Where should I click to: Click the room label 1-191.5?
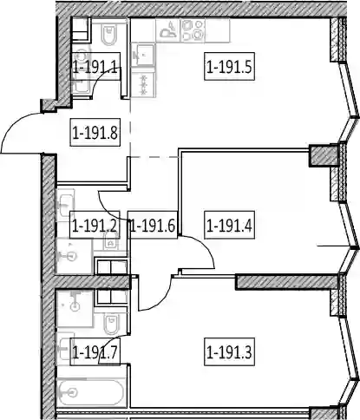(x=229, y=66)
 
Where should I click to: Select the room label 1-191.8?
(x=95, y=133)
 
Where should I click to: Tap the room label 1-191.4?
(x=229, y=225)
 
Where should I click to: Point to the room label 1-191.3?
(x=229, y=351)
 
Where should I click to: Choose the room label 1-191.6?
(x=153, y=225)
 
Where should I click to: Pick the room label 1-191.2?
(x=95, y=225)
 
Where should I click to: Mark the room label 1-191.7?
(x=95, y=351)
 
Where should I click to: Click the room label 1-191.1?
(x=95, y=66)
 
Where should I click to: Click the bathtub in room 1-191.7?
(x=91, y=392)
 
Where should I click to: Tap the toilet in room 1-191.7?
(x=111, y=323)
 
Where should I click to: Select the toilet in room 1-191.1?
(x=109, y=34)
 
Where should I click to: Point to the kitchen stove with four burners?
(x=193, y=30)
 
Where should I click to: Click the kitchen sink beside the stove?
(x=168, y=30)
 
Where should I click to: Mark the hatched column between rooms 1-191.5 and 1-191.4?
(x=324, y=155)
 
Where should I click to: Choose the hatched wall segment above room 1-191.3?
(x=287, y=282)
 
